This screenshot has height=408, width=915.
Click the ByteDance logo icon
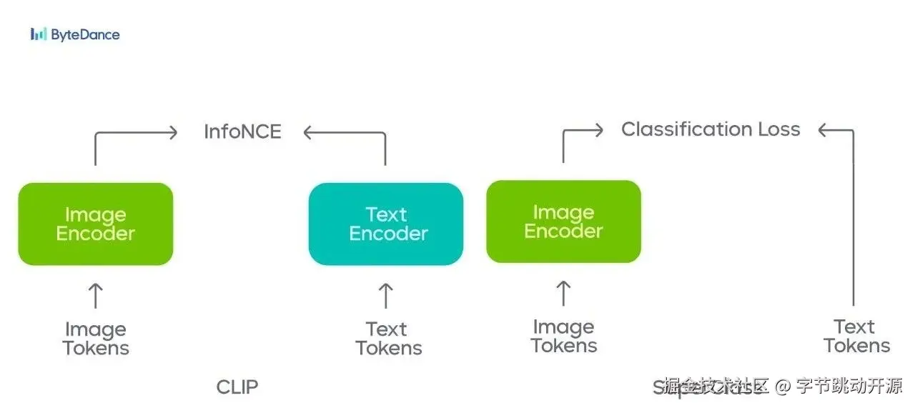pyautogui.click(x=39, y=34)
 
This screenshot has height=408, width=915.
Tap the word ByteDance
pyautogui.click(x=85, y=34)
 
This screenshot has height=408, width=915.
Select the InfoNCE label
pyautogui.click(x=242, y=131)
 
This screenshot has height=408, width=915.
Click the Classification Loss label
pyautogui.click(x=711, y=129)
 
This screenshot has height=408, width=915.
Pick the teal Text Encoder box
pyautogui.click(x=386, y=224)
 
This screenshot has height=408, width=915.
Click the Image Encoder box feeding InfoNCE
pyautogui.click(x=96, y=224)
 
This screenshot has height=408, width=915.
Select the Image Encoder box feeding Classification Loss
pyautogui.click(x=563, y=222)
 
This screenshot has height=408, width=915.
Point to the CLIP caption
pyautogui.click(x=237, y=387)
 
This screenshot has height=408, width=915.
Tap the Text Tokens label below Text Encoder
pyautogui.click(x=388, y=339)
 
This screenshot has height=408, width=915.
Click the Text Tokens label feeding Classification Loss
pyautogui.click(x=856, y=337)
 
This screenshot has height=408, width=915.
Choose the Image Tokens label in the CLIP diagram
pyautogui.click(x=96, y=339)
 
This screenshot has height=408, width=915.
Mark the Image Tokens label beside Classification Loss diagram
pyautogui.click(x=564, y=337)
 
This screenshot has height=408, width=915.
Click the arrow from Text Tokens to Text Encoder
pyautogui.click(x=386, y=295)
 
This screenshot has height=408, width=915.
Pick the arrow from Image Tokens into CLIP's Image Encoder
pyautogui.click(x=95, y=295)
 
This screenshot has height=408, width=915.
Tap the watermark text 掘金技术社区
pyautogui.click(x=715, y=387)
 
